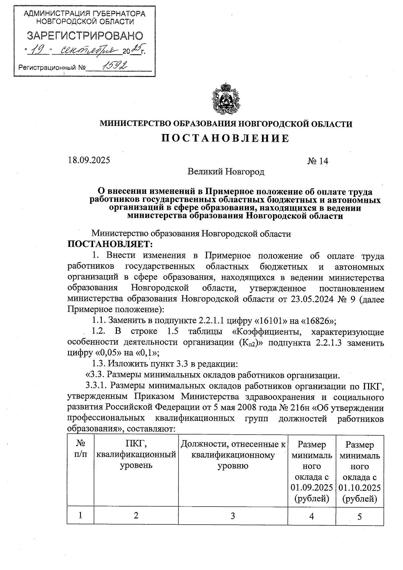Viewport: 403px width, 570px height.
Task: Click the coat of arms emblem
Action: click(x=226, y=99)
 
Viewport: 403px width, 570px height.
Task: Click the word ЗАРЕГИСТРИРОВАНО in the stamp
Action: click(x=85, y=36)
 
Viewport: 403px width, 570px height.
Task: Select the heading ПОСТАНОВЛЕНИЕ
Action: click(x=225, y=138)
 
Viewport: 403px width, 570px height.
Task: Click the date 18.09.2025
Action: click(x=89, y=160)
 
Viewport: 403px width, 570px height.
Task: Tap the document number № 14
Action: click(x=317, y=161)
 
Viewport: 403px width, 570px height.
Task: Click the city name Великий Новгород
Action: click(x=226, y=172)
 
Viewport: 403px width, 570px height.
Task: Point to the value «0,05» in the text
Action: click(x=110, y=353)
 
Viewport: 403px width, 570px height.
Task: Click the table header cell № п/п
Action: click(x=80, y=449)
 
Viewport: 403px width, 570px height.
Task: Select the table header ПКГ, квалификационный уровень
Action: click(x=136, y=455)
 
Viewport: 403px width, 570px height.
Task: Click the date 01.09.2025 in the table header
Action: click(x=312, y=487)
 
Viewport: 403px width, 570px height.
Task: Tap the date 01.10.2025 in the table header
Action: click(x=360, y=487)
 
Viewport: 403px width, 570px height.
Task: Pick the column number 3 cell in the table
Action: click(x=233, y=516)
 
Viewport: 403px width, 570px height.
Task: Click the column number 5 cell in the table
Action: click(x=360, y=516)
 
